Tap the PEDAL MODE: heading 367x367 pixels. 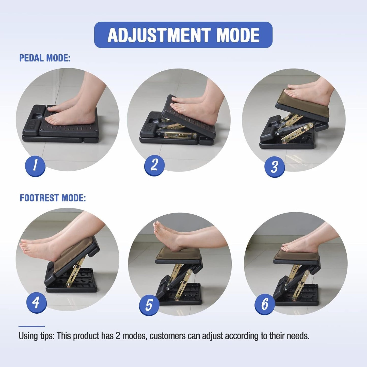45,58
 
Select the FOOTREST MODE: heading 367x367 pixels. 53,198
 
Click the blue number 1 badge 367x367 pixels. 35,166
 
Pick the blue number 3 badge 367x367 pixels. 274,167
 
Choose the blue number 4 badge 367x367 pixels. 36,303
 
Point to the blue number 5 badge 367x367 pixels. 149,305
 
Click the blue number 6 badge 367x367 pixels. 265,304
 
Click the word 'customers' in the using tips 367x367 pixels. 168,336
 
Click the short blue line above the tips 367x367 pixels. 31,326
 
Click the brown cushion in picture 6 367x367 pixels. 296,255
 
